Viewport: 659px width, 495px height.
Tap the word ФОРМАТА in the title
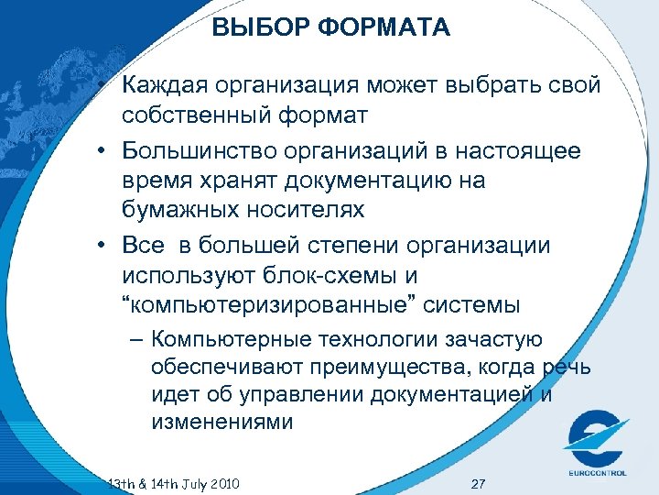pyautogui.click(x=384, y=28)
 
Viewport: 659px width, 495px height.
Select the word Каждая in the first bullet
pyautogui.click(x=166, y=86)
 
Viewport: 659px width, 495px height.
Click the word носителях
pyautogui.click(x=306, y=211)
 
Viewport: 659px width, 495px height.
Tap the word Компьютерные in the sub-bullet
pyautogui.click(x=218, y=340)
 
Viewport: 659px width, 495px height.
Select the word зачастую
pyautogui.click(x=486, y=340)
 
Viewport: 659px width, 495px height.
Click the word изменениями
pyautogui.click(x=223, y=423)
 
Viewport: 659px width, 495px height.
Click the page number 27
pyautogui.click(x=477, y=483)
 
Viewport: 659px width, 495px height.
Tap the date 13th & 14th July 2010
pyautogui.click(x=174, y=483)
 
